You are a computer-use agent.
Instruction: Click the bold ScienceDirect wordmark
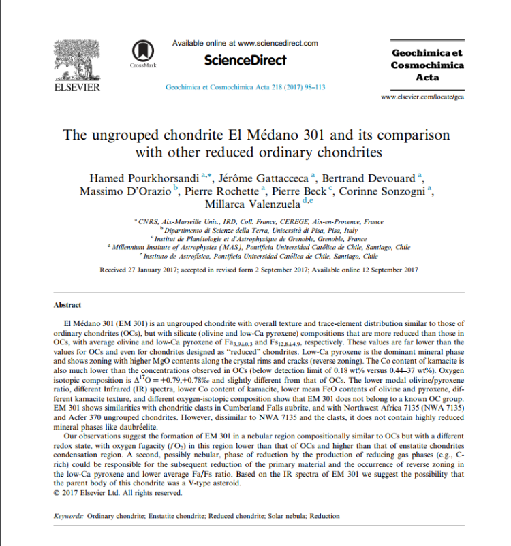pos(245,60)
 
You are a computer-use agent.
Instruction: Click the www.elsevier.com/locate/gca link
pos(422,97)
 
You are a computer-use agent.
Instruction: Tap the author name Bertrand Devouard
pos(376,178)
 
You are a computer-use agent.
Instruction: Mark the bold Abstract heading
pos(67,306)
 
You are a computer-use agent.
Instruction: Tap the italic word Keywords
pos(67,517)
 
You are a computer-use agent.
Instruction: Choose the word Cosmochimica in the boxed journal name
pos(427,65)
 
